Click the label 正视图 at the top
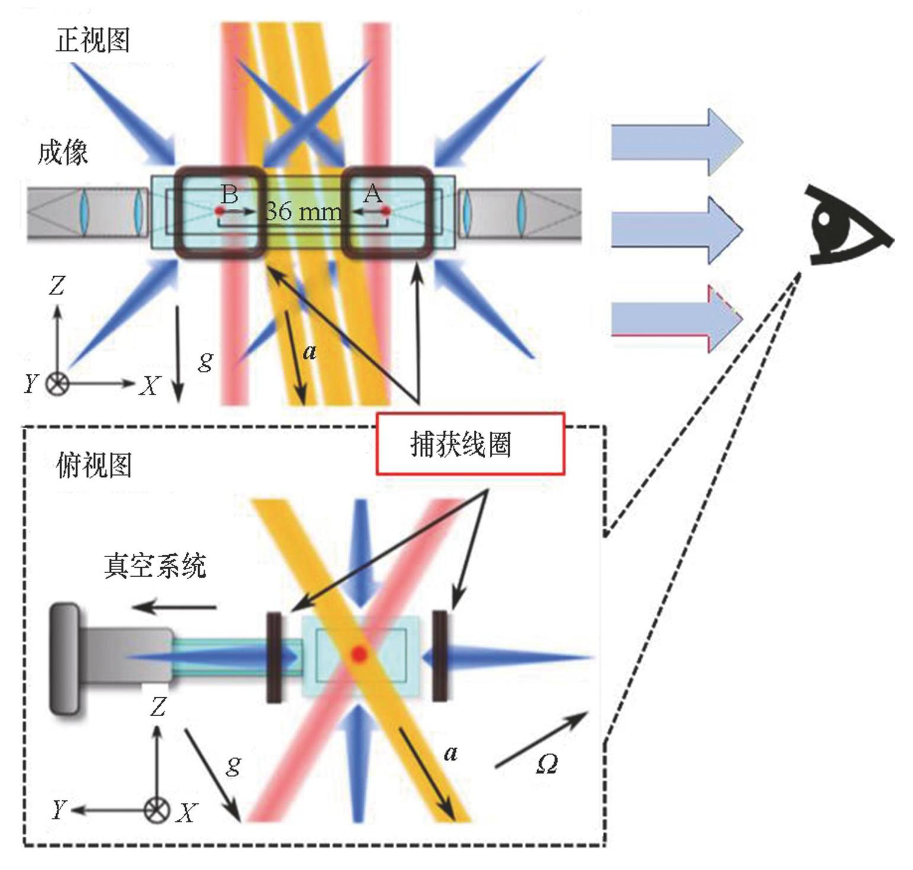92,40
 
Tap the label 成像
63,153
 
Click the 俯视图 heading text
93,465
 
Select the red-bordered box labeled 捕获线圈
470,444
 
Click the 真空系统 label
155,565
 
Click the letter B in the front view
230,193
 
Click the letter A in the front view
372,193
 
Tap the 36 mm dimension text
303,211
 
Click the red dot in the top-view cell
359,654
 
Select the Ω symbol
546,764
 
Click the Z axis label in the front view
56,286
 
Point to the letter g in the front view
205,360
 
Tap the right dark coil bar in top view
440,656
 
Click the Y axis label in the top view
59,809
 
